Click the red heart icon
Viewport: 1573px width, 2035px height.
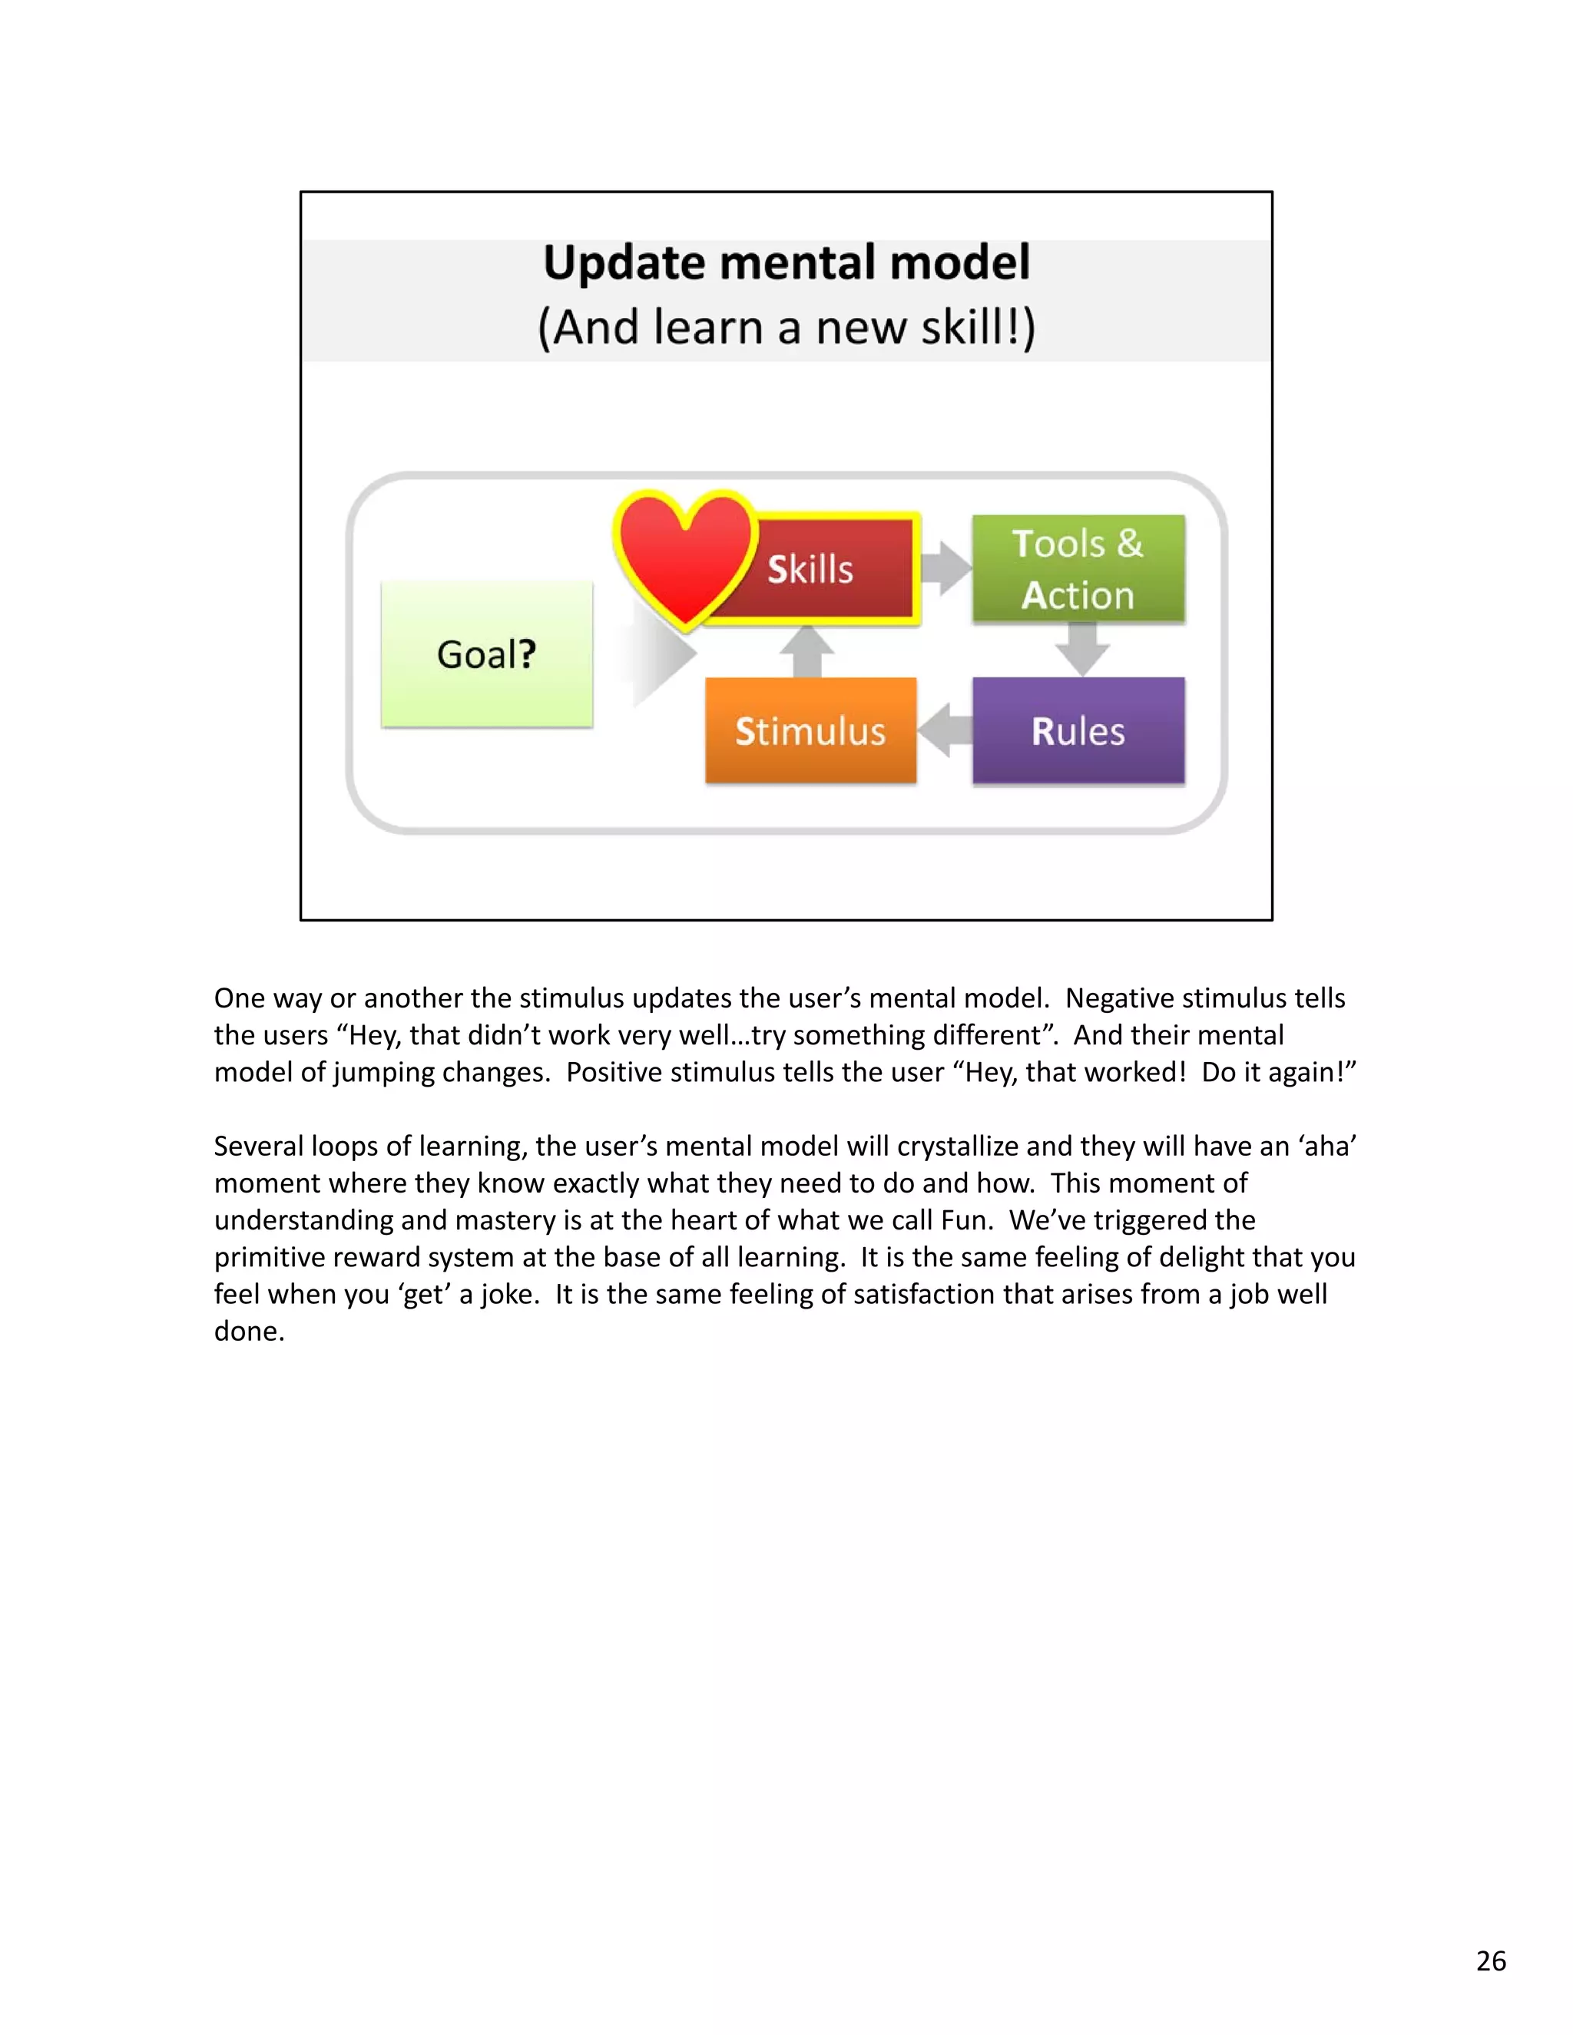(x=685, y=559)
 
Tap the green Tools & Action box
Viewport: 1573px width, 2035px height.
(x=1078, y=568)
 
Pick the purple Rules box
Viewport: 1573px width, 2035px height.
(x=1078, y=730)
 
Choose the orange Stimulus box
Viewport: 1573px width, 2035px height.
(x=810, y=730)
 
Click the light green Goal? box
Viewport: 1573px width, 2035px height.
(x=486, y=654)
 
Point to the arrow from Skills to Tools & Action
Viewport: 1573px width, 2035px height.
(x=945, y=567)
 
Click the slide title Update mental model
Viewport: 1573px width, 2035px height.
(x=786, y=263)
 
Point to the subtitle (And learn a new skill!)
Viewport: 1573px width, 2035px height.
(x=786, y=328)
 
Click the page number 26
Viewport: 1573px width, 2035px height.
(x=1491, y=1961)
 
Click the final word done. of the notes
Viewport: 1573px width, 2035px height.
(x=249, y=1332)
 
